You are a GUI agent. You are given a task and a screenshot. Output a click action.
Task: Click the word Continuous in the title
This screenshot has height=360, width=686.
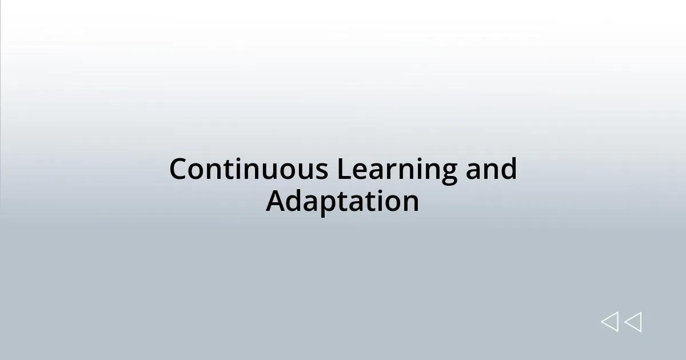(x=249, y=170)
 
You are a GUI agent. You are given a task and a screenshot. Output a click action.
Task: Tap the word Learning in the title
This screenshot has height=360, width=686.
(x=397, y=170)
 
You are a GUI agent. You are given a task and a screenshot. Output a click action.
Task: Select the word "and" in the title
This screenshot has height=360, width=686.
(x=490, y=170)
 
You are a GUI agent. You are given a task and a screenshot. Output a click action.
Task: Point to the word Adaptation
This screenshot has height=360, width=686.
(x=342, y=202)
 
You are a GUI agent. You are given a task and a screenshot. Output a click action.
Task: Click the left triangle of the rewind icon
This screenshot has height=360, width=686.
(x=610, y=322)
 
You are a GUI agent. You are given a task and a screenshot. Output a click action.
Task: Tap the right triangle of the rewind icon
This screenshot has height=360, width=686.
(x=633, y=322)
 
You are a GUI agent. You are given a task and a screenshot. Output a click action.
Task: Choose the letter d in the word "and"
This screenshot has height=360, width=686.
(x=508, y=170)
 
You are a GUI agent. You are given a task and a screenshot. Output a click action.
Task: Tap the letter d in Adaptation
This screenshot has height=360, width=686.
(x=296, y=202)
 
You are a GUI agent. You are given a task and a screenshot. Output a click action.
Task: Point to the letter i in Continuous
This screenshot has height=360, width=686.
(x=245, y=170)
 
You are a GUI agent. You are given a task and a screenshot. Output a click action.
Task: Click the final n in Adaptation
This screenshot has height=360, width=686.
(x=410, y=203)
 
